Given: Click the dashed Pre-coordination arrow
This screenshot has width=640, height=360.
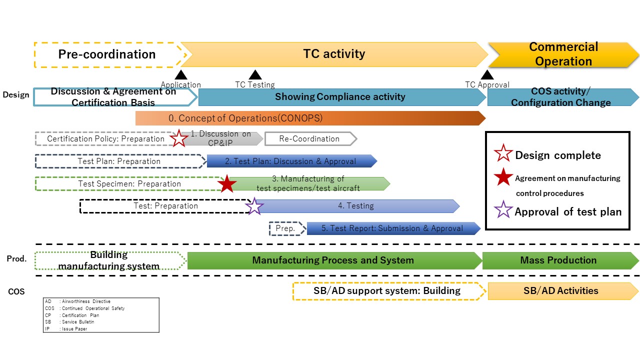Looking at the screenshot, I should click(x=107, y=54).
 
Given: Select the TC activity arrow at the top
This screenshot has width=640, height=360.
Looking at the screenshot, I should click(x=334, y=54).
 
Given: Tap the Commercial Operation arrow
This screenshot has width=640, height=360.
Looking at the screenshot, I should click(x=563, y=54).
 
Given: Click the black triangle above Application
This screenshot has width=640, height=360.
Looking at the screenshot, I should click(x=181, y=75).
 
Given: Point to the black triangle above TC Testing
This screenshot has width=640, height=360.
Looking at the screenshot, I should click(x=255, y=75).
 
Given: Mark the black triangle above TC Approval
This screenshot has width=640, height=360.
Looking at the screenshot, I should click(x=487, y=75).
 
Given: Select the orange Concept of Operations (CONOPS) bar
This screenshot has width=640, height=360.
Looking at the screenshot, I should click(x=310, y=118).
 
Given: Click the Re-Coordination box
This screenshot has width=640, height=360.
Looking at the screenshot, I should click(x=310, y=139).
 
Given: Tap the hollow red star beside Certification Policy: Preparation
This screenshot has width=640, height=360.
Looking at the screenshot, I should click(x=179, y=138).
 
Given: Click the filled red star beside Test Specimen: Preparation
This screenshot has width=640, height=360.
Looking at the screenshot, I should click(x=227, y=183).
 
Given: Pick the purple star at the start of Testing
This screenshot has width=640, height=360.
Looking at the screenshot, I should click(x=254, y=206).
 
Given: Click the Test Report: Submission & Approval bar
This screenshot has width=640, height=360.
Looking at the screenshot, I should click(x=392, y=228).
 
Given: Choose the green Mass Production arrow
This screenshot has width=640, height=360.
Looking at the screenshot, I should click(x=558, y=260).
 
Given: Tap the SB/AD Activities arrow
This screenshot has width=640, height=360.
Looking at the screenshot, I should click(x=561, y=291).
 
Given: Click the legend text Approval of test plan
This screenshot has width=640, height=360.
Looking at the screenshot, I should click(x=568, y=211).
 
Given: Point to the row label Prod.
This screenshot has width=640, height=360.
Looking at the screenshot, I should click(x=16, y=259).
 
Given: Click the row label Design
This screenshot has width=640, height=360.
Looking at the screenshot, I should click(x=16, y=94).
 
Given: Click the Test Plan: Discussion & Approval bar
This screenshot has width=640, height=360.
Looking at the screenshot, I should click(x=291, y=161).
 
